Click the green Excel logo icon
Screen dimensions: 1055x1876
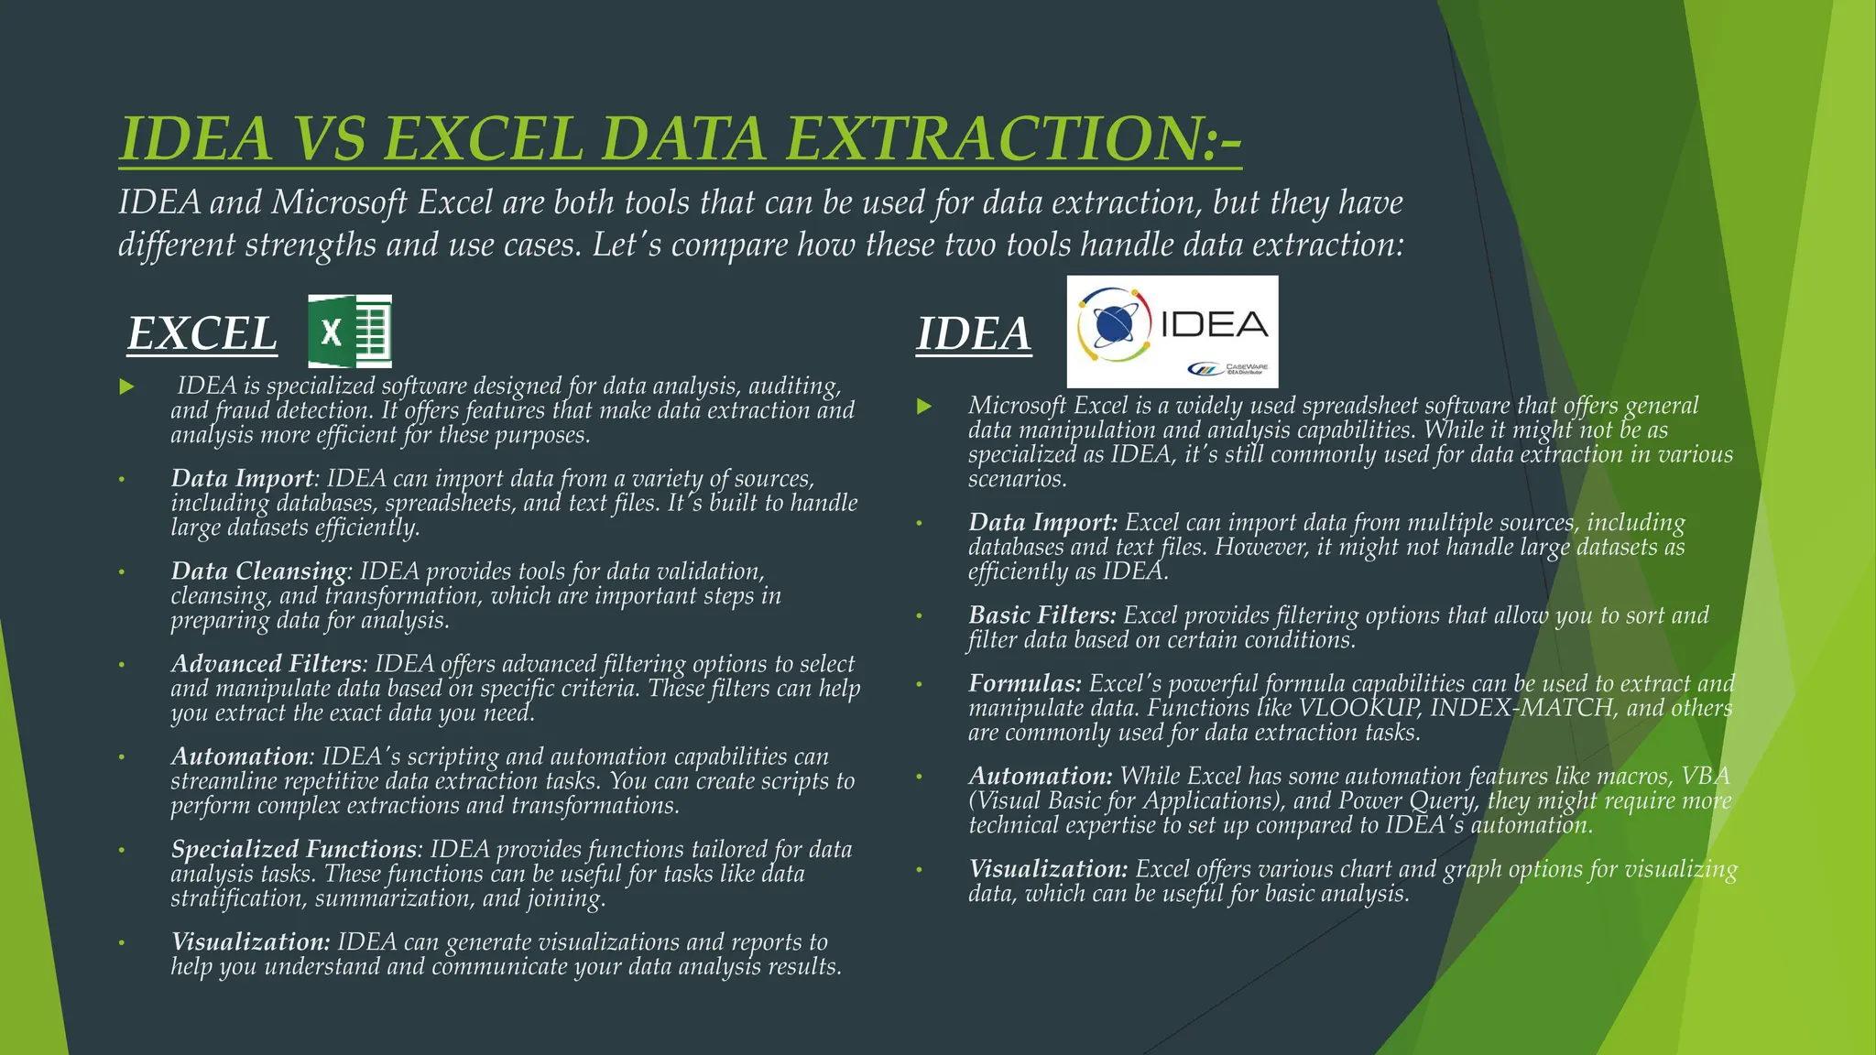349,331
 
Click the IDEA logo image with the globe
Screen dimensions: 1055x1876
1172,331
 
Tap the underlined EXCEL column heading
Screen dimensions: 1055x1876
202,333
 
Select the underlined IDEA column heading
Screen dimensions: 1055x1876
973,333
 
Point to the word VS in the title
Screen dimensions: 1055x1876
328,139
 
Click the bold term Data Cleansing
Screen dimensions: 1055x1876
258,571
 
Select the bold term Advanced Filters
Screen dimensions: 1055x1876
266,664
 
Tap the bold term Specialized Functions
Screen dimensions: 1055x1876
293,850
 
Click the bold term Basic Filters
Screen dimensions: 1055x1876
1042,615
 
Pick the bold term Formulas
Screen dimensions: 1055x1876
1024,684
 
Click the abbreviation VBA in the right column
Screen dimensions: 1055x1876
1706,777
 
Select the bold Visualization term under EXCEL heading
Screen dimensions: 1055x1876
250,942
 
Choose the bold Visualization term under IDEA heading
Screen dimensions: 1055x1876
1048,869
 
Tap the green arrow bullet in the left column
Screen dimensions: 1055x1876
126,387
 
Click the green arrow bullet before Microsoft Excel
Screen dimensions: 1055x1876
924,406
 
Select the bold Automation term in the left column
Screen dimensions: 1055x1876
239,757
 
